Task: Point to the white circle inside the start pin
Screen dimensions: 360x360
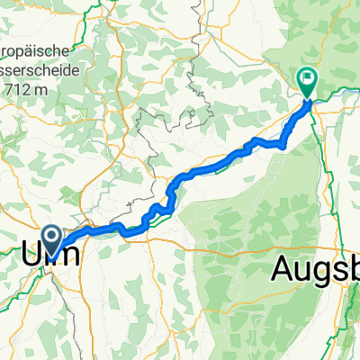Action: tap(52, 237)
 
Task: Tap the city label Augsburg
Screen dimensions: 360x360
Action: tap(315, 266)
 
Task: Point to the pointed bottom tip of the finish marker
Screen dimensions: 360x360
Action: tap(307, 97)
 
